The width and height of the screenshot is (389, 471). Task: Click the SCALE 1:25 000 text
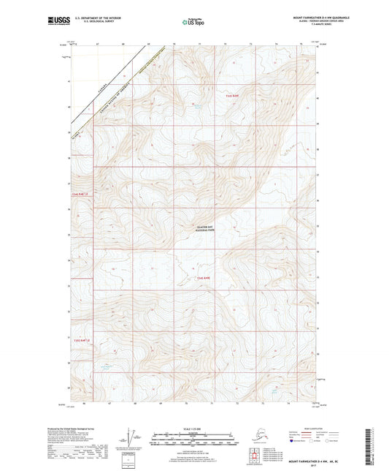click(x=193, y=428)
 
